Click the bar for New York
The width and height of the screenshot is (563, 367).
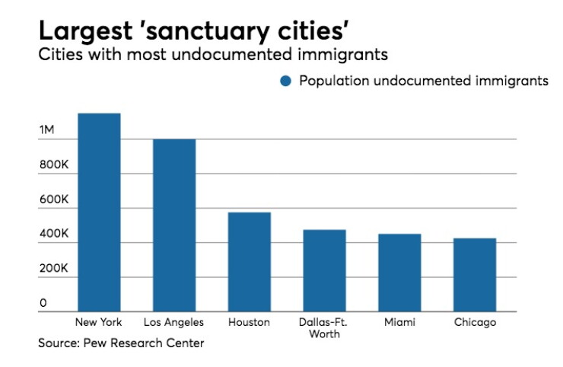pyautogui.click(x=99, y=212)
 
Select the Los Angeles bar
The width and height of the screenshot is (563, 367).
pyautogui.click(x=174, y=225)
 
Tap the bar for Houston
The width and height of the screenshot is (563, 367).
pyautogui.click(x=250, y=262)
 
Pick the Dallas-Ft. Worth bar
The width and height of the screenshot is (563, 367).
pyautogui.click(x=324, y=270)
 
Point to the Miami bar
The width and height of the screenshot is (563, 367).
pyautogui.click(x=399, y=273)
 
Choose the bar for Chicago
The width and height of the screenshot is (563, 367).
pyautogui.click(x=475, y=275)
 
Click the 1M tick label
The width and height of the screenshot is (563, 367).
pyautogui.click(x=47, y=129)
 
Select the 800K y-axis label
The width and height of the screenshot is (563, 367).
pyautogui.click(x=54, y=164)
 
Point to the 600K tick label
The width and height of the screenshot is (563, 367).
pyautogui.click(x=54, y=199)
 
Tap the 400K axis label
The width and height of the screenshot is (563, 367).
pyautogui.click(x=54, y=234)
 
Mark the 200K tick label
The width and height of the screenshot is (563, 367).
pyautogui.click(x=54, y=268)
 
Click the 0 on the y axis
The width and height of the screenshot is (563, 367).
pyautogui.click(x=43, y=303)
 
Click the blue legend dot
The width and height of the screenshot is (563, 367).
pyautogui.click(x=286, y=81)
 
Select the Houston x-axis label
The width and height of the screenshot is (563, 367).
pyautogui.click(x=250, y=322)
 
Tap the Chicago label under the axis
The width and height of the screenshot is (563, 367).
pyautogui.click(x=475, y=322)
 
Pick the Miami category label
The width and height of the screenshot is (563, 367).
pyautogui.click(x=399, y=322)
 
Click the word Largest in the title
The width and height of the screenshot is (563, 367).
pyautogui.click(x=86, y=31)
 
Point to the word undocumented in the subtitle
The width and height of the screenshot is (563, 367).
pyautogui.click(x=231, y=55)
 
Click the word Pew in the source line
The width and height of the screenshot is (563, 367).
pyautogui.click(x=95, y=343)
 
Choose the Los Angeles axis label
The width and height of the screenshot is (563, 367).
pyautogui.click(x=173, y=322)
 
